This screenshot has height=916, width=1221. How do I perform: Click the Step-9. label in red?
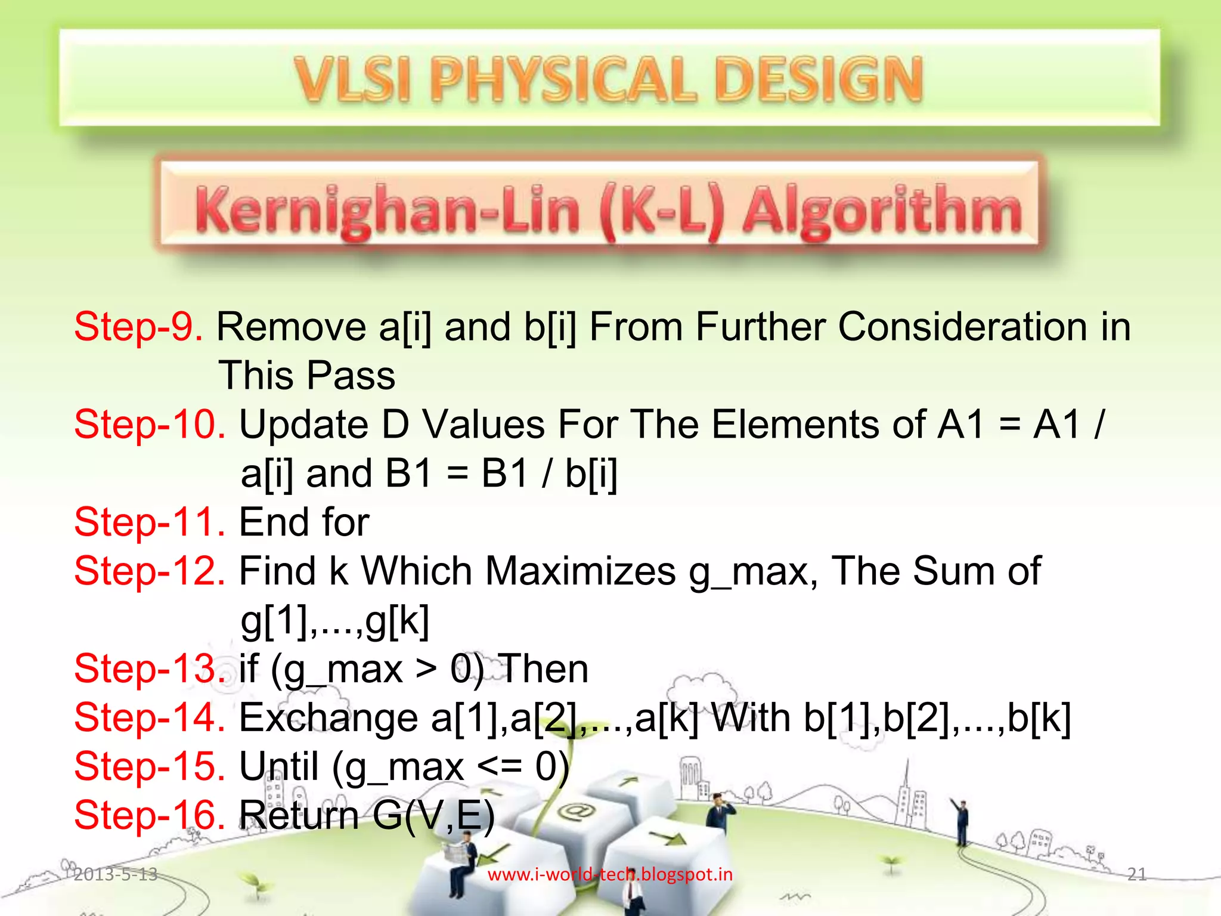tap(138, 327)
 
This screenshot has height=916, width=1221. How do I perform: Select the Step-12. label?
tap(150, 571)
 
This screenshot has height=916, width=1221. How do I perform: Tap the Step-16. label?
tap(150, 815)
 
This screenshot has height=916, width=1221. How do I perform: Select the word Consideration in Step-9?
tap(963, 327)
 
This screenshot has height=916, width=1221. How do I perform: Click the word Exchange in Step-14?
tap(329, 717)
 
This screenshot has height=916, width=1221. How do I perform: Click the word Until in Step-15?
tap(278, 766)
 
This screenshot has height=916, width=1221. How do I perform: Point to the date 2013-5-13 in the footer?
tap(116, 874)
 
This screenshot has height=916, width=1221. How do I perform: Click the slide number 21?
tap(1137, 874)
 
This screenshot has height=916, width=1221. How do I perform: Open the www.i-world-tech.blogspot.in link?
tap(610, 874)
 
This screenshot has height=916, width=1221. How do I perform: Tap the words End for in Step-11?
tap(304, 522)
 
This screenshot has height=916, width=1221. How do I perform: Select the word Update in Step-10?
tap(304, 425)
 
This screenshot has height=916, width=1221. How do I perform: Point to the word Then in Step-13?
tap(543, 669)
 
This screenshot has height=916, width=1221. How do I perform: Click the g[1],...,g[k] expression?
tap(334, 620)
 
